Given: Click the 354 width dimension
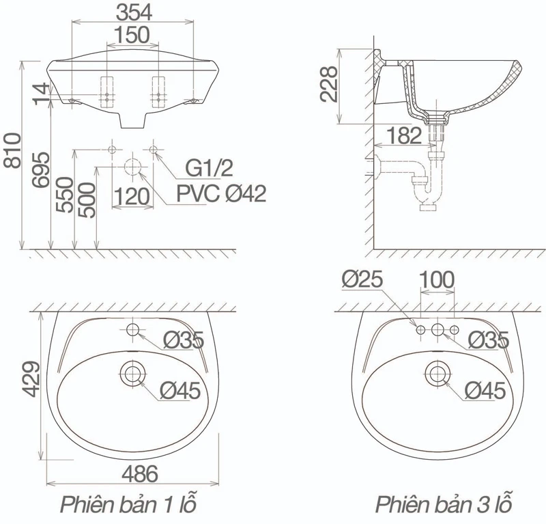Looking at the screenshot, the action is [x=134, y=12].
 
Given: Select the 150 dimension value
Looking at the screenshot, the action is [x=132, y=35].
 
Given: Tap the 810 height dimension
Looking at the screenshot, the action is [x=13, y=150].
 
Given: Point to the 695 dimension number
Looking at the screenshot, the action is [x=42, y=169].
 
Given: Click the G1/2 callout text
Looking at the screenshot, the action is [x=209, y=168].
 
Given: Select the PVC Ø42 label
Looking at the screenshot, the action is [x=221, y=193].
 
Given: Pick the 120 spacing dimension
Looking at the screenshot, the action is [x=132, y=197].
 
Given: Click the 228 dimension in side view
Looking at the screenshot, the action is [x=329, y=84].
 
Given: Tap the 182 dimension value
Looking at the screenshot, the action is [x=404, y=135].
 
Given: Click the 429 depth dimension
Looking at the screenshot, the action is [x=31, y=379].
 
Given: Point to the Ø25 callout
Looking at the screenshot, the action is [x=362, y=279].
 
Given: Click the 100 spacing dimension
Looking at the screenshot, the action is [x=437, y=279].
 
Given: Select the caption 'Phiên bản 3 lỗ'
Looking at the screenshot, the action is [x=444, y=504].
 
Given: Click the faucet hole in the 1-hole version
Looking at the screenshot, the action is [x=132, y=329].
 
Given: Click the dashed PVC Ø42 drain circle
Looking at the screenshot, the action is [x=132, y=167].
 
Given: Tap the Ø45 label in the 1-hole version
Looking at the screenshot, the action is [x=180, y=391].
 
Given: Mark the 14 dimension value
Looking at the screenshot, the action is [x=42, y=94].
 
